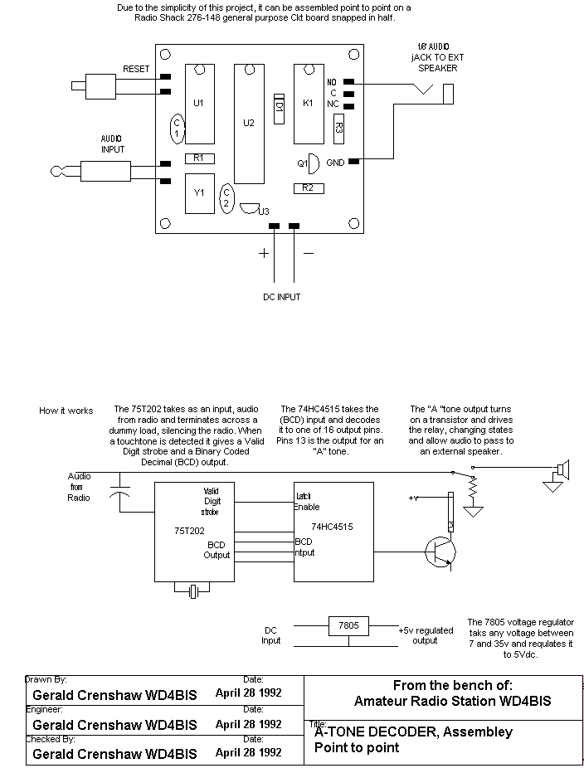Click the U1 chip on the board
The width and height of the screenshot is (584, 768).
point(198,103)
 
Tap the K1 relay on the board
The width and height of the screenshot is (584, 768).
point(309,103)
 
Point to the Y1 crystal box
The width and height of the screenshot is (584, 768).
point(199,192)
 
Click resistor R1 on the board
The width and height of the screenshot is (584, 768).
point(199,158)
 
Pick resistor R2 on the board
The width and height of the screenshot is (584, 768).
point(308,188)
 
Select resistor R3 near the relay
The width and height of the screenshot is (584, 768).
point(338,127)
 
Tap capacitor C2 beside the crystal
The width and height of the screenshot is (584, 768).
point(226,197)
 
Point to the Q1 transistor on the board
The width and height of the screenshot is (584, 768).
point(310,163)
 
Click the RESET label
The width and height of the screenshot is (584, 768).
point(136,69)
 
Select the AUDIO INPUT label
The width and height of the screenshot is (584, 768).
point(113,144)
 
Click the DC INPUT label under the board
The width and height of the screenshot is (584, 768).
point(277,296)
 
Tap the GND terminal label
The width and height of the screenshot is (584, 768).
point(335,163)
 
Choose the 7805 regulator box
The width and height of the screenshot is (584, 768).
point(349,626)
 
